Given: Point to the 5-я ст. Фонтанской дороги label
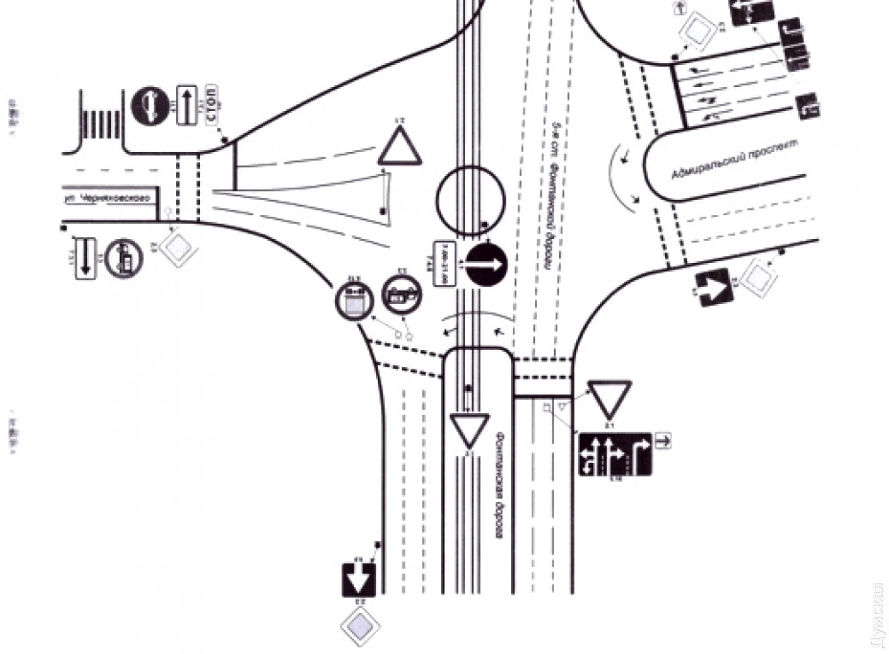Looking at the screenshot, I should (552, 203).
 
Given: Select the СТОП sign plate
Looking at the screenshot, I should (212, 102).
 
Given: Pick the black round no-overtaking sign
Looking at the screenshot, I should (149, 105).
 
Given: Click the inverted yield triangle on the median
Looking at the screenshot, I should (469, 431).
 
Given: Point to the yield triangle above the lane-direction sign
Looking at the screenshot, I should (610, 400).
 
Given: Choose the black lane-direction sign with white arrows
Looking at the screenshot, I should (615, 454).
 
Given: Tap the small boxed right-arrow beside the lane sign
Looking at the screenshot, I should (662, 439).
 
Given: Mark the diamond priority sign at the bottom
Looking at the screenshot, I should (361, 627).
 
